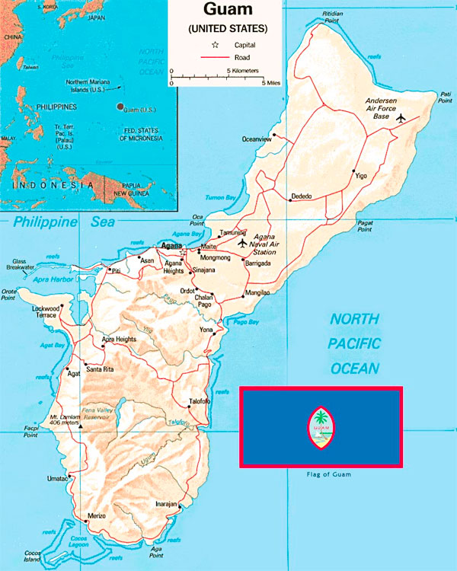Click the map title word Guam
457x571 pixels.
[x=228, y=11]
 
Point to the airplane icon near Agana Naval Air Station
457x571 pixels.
[x=243, y=244]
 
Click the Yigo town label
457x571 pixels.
[x=361, y=177]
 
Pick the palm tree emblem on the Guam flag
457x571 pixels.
[x=321, y=421]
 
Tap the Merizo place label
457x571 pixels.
[x=97, y=515]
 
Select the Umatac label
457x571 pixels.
[x=57, y=479]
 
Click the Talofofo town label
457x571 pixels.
[x=199, y=401]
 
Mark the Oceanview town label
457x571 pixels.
[x=257, y=139]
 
